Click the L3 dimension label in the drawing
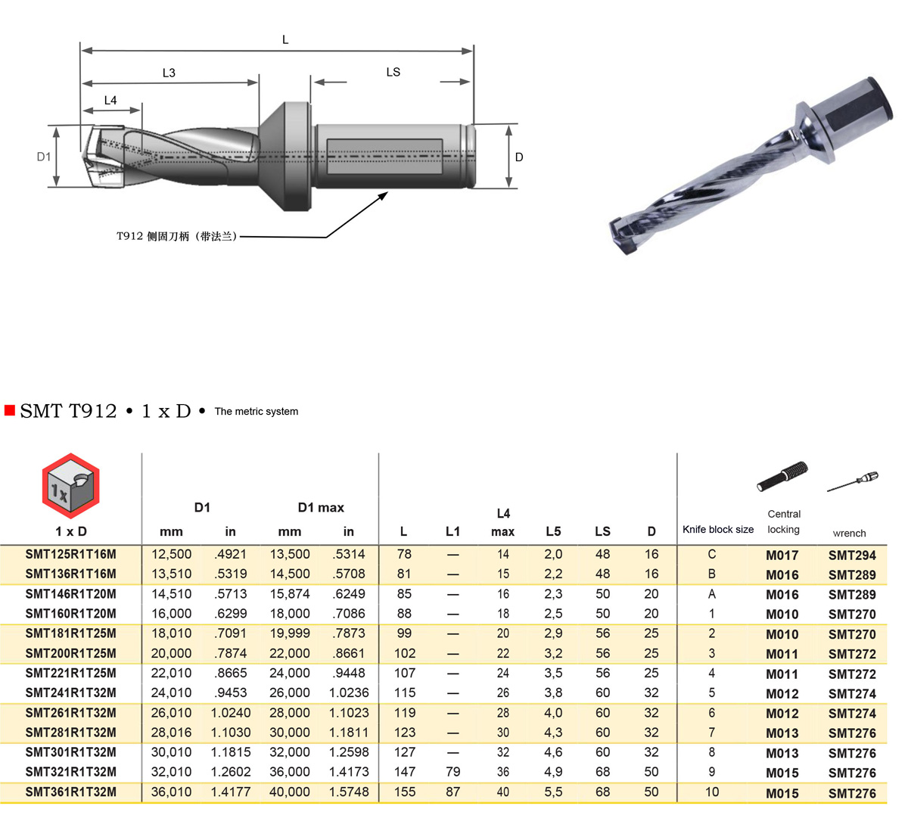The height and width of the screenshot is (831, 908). pyautogui.click(x=169, y=73)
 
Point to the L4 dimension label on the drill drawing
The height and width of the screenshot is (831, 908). pyautogui.click(x=110, y=100)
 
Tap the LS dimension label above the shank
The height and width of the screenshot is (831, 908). pyautogui.click(x=393, y=72)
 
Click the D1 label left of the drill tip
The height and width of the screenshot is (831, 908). pyautogui.click(x=43, y=157)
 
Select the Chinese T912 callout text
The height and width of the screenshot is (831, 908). pyautogui.click(x=176, y=236)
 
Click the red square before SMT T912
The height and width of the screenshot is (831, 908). pyautogui.click(x=10, y=410)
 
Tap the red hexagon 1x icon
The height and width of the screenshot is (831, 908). pyautogui.click(x=70, y=485)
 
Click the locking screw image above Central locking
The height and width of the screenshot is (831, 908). pyautogui.click(x=782, y=476)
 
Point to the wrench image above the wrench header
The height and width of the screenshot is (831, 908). pyautogui.click(x=852, y=481)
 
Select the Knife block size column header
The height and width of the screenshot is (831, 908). pyautogui.click(x=718, y=529)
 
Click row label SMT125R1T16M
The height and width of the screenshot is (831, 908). pyautogui.click(x=70, y=554)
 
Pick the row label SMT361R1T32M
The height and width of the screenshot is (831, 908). pyautogui.click(x=70, y=792)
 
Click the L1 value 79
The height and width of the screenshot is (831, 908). pyautogui.click(x=452, y=772)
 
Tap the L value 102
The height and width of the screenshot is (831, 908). pyautogui.click(x=404, y=653)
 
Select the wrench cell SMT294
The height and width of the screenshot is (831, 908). pyautogui.click(x=852, y=556)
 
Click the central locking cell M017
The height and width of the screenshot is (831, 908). pyautogui.click(x=782, y=556)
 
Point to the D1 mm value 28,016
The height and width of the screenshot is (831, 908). pyautogui.click(x=171, y=733)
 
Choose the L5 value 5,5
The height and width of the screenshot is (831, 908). pyautogui.click(x=553, y=792)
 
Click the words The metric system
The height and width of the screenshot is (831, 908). pyautogui.click(x=257, y=411)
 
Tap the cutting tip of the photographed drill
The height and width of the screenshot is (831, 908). pyautogui.click(x=623, y=235)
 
